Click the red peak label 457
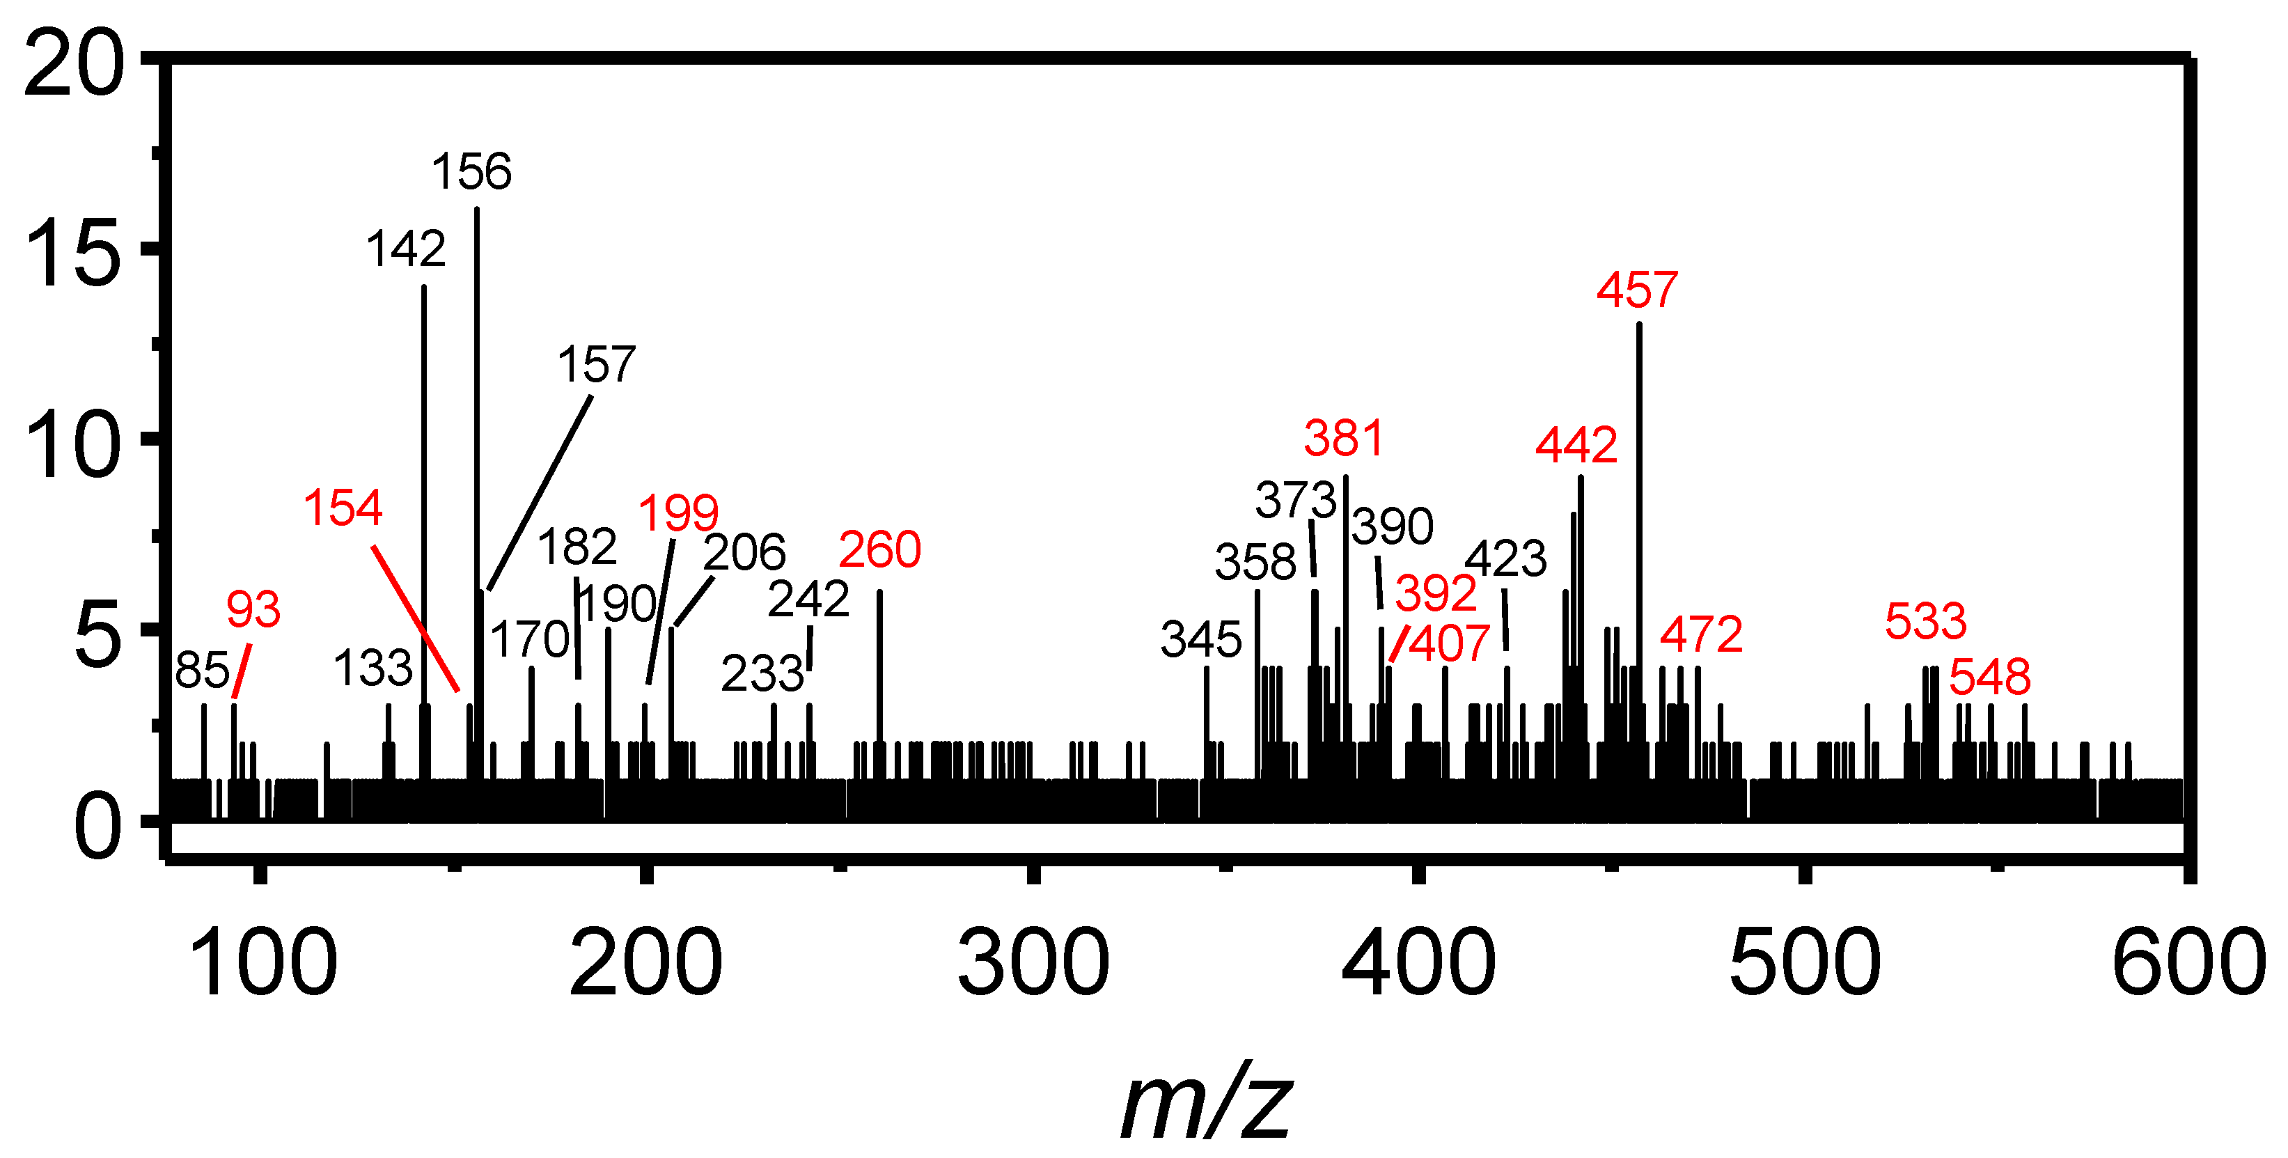[1636, 290]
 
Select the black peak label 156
[471, 171]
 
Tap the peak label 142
[405, 249]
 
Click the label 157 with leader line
[596, 364]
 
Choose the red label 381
[1343, 439]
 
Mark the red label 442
[1576, 445]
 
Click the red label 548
[1989, 678]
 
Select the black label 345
[1201, 639]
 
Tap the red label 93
[253, 609]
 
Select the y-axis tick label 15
[73, 256]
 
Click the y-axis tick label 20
[73, 64]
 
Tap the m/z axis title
[1205, 1104]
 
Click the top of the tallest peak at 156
[477, 210]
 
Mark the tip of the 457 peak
[1639, 325]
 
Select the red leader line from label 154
[416, 619]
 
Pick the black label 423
[1505, 559]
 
